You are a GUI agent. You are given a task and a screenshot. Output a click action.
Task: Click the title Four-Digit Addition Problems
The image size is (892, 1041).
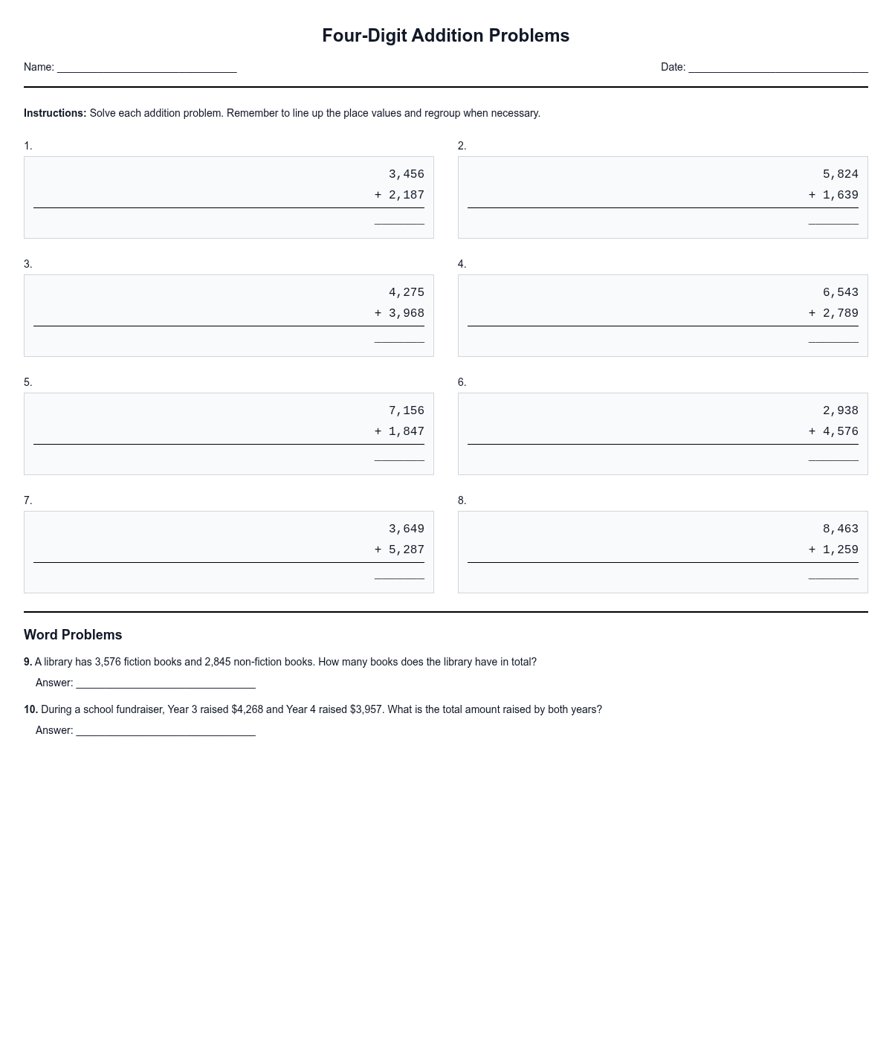tap(445, 36)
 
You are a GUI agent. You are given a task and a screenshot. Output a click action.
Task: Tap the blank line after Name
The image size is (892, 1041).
tap(146, 68)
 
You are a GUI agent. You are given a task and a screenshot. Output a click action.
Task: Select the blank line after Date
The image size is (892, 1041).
tap(778, 68)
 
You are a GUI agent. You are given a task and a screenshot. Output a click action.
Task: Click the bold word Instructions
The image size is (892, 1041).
tap(55, 113)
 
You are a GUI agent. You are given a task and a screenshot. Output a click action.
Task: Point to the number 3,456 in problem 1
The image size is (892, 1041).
tap(406, 174)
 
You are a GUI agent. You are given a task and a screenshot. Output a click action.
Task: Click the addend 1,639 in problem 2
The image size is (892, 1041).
tap(840, 195)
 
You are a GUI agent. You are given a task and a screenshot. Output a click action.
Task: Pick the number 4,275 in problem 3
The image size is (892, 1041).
tap(406, 292)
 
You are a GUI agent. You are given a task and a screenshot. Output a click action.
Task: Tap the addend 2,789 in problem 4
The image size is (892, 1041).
tap(840, 313)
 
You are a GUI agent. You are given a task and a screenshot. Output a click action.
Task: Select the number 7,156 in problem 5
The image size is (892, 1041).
tap(406, 410)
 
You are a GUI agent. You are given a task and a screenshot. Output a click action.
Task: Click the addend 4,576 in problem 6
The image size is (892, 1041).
tap(840, 431)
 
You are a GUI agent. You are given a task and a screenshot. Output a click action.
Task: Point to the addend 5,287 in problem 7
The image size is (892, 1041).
tap(406, 549)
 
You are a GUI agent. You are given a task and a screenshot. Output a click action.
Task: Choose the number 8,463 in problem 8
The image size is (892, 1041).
tap(840, 529)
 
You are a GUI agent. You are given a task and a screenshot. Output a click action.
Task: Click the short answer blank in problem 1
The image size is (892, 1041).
tap(399, 221)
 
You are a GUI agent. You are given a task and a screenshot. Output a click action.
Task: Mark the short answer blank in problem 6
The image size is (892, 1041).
tap(833, 457)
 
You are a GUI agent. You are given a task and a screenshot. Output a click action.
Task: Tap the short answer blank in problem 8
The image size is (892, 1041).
tap(833, 576)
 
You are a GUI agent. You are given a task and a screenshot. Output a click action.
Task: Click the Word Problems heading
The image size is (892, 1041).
tap(73, 634)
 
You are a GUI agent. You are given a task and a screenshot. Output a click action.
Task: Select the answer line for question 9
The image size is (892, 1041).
tap(165, 684)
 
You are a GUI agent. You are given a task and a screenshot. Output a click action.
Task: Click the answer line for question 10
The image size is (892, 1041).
tap(165, 732)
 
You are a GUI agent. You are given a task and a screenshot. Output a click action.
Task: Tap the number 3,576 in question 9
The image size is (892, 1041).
tap(108, 662)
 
